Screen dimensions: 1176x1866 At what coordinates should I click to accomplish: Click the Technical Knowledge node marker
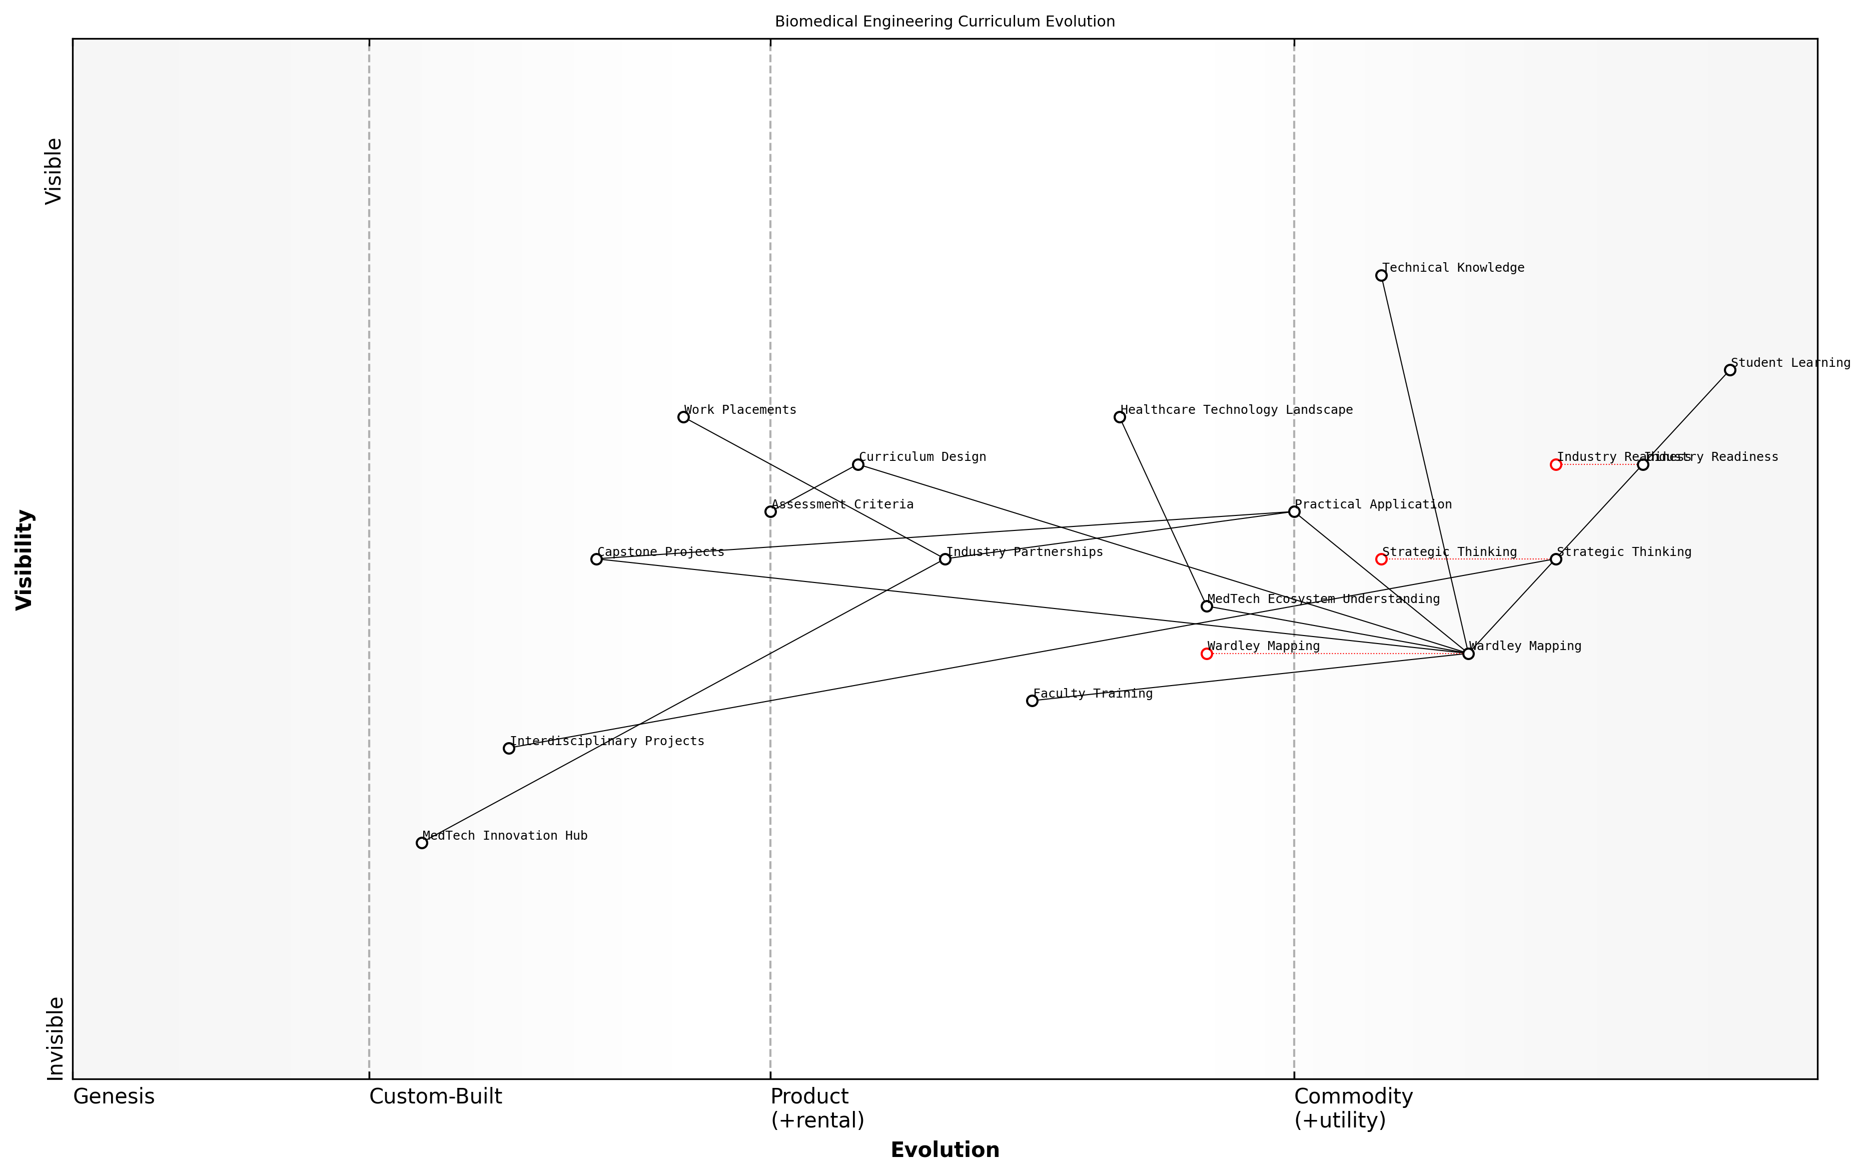pyautogui.click(x=1381, y=275)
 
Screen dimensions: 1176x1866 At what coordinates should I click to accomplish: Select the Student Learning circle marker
pyautogui.click(x=1729, y=370)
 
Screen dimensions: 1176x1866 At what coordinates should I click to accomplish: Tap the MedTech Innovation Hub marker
pyautogui.click(x=422, y=843)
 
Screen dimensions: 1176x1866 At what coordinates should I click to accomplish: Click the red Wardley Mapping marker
pyautogui.click(x=1207, y=654)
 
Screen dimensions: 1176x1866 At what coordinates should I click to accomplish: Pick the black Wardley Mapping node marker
pyautogui.click(x=1468, y=654)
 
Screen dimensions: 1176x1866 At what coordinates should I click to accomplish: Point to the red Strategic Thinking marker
pyautogui.click(x=1381, y=559)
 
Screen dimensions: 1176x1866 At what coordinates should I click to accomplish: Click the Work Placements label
pyautogui.click(x=740, y=410)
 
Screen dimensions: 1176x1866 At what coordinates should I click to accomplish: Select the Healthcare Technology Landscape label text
pyautogui.click(x=1236, y=410)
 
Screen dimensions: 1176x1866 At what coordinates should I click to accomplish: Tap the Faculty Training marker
pyautogui.click(x=1032, y=701)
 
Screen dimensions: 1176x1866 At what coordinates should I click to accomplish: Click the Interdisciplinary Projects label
pyautogui.click(x=607, y=741)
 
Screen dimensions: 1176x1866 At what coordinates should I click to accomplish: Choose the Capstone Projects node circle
pyautogui.click(x=596, y=559)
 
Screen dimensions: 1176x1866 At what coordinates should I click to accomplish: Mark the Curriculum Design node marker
pyautogui.click(x=858, y=464)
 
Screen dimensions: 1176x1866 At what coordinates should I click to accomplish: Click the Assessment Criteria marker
pyautogui.click(x=770, y=511)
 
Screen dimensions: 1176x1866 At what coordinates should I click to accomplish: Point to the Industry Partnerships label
pyautogui.click(x=1025, y=552)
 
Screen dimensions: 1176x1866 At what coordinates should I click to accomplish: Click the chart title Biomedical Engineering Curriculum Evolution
pyautogui.click(x=945, y=22)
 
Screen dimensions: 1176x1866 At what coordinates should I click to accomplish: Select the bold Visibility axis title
pyautogui.click(x=25, y=559)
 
